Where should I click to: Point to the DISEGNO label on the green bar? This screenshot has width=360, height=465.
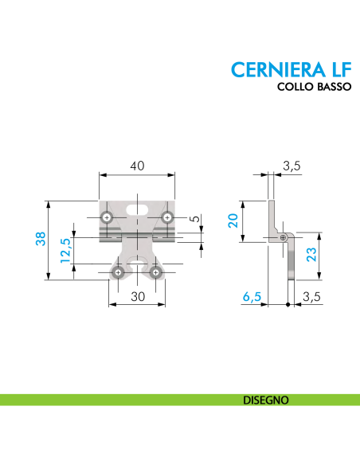(x=266, y=400)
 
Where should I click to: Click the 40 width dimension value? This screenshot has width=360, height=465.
(x=137, y=166)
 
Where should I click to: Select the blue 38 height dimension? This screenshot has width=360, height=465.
(x=41, y=239)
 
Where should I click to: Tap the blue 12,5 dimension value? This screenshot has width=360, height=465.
(x=65, y=252)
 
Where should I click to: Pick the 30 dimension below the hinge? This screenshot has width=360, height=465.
(x=137, y=295)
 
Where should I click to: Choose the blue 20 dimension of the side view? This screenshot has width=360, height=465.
(x=233, y=220)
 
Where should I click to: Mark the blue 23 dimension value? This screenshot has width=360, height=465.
(x=311, y=255)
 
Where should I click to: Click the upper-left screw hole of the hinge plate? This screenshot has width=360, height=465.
(x=107, y=217)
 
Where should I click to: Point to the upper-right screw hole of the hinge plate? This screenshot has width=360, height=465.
(x=167, y=217)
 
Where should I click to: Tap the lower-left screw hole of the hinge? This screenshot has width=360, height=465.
(x=118, y=272)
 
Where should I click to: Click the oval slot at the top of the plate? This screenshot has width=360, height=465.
(x=137, y=209)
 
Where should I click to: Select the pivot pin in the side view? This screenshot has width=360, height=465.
(x=284, y=237)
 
